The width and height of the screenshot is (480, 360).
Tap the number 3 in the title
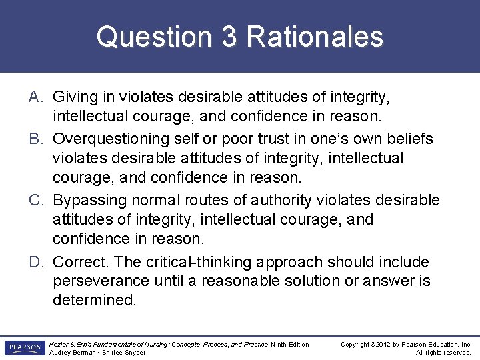229,37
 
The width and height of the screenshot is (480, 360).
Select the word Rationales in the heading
315,37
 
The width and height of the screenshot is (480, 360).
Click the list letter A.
36,97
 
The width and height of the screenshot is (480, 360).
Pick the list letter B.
36,139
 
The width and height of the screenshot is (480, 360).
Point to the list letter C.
37,200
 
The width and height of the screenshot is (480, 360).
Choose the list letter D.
37,262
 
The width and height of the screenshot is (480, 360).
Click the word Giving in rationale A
74,97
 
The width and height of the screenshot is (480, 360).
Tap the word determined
94,300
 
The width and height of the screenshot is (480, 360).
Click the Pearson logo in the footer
23,348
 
